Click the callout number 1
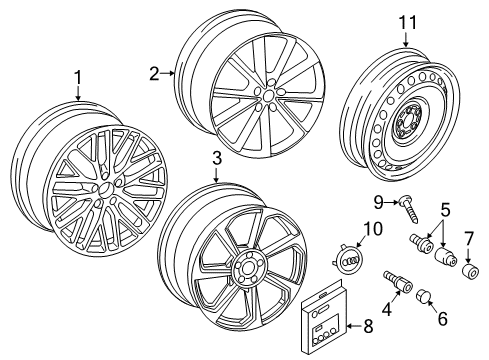tap(78, 78)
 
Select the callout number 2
tap(154, 73)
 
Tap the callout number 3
tap(217, 158)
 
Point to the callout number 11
tap(408, 23)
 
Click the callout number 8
tap(368, 326)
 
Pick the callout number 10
tap(372, 229)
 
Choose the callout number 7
tap(468, 239)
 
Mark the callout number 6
tap(442, 319)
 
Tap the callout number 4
tap(387, 309)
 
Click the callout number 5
tap(445, 210)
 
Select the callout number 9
tap(378, 202)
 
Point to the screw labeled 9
tap(408, 211)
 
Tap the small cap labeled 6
tap(423, 296)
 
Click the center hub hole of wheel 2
tap(267, 96)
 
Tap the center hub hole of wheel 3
tap(247, 268)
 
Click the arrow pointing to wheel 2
tap(167, 73)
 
